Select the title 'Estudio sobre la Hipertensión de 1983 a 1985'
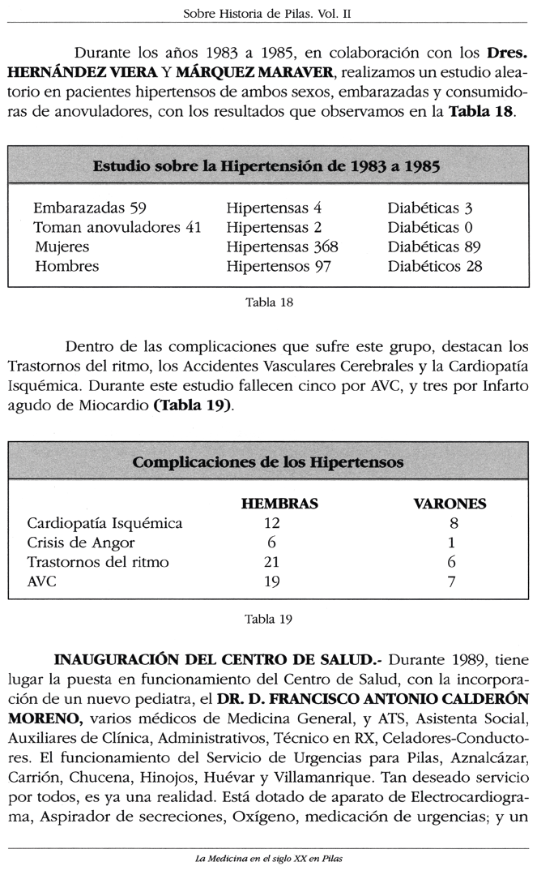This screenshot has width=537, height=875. click(x=266, y=167)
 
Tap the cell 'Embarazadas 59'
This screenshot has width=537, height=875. click(x=89, y=208)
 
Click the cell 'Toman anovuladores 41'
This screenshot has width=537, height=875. click(x=117, y=228)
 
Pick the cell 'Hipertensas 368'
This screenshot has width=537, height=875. click(x=282, y=247)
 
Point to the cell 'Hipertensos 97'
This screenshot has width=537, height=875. click(x=279, y=267)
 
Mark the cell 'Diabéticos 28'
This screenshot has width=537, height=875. click(x=434, y=267)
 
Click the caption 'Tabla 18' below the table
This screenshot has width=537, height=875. click(x=268, y=303)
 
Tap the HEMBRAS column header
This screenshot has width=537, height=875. click(x=279, y=504)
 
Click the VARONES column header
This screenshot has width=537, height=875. click(x=450, y=504)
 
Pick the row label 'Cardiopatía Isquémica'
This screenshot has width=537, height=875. click(x=105, y=523)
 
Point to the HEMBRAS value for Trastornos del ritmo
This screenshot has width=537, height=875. click(x=271, y=562)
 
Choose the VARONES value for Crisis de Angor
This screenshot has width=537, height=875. click(x=451, y=543)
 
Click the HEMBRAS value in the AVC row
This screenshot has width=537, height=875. click(x=271, y=581)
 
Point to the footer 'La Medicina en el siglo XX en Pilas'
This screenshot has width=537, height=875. click(x=267, y=859)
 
